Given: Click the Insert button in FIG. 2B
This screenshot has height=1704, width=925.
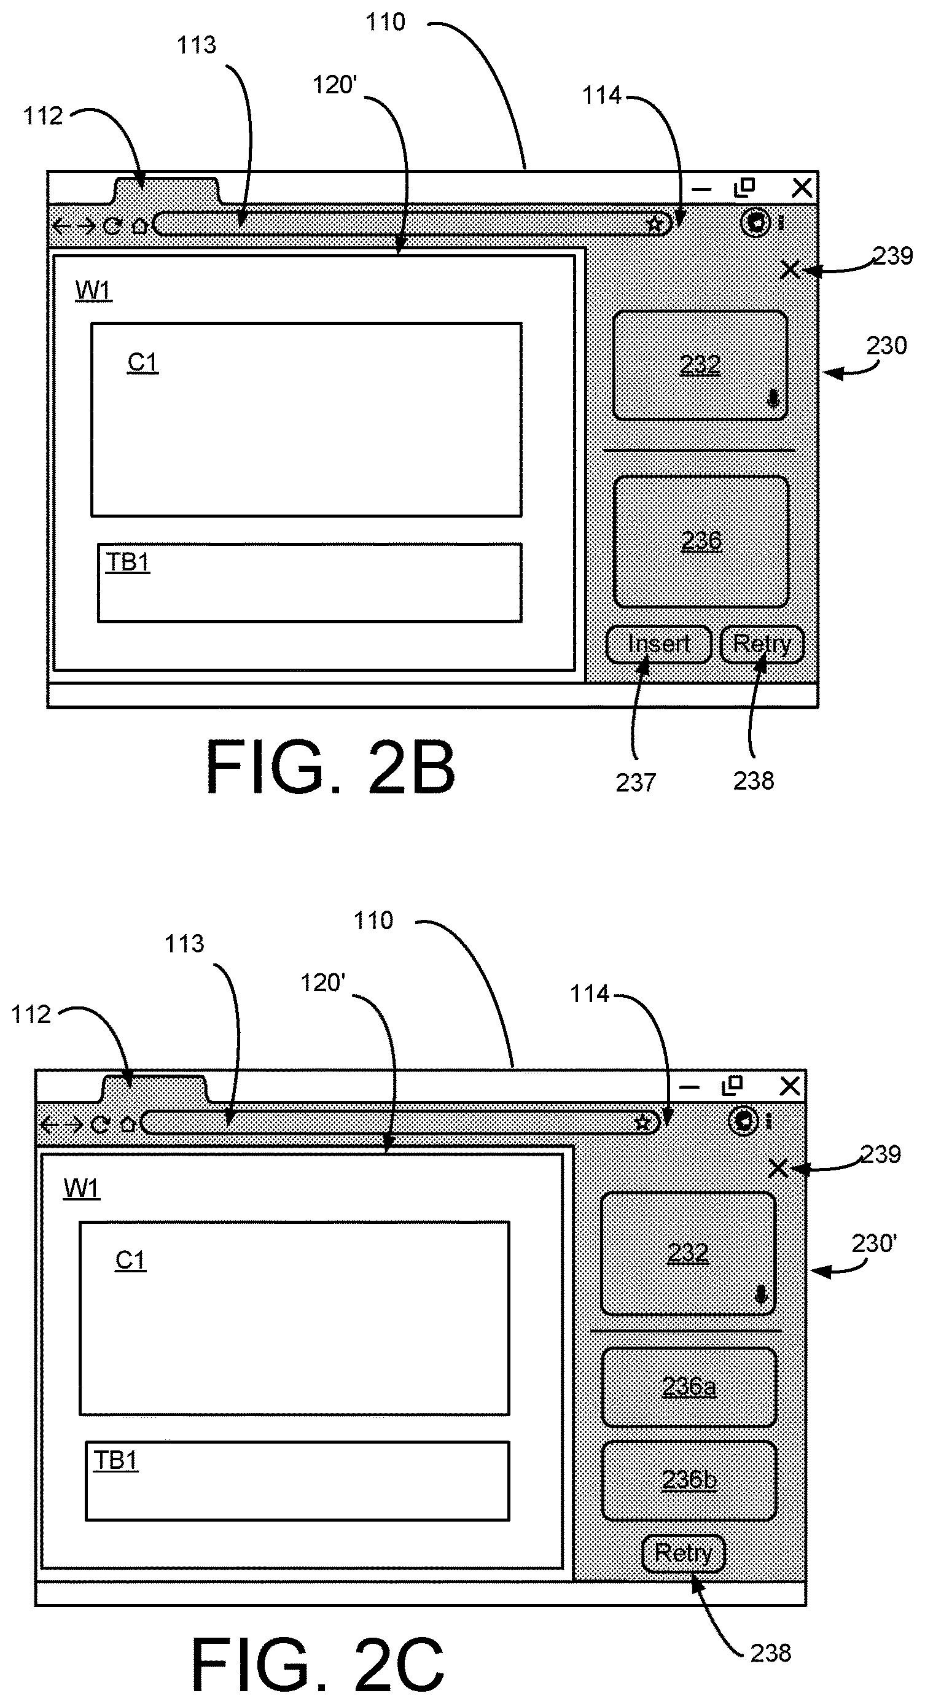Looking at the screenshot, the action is (x=659, y=644).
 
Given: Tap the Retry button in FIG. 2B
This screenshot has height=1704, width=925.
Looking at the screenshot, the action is (x=762, y=644).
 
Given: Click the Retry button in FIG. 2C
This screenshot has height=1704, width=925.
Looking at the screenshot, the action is (x=684, y=1552).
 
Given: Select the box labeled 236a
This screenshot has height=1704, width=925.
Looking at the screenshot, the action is (x=689, y=1387).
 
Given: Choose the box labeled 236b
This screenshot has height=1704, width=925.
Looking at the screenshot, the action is (x=689, y=1479).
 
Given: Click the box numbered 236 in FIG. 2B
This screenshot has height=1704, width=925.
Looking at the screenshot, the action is (x=701, y=541).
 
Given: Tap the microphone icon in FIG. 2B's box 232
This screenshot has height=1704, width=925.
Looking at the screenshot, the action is (x=773, y=400).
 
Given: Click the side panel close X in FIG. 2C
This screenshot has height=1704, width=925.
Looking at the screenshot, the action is (x=779, y=1168).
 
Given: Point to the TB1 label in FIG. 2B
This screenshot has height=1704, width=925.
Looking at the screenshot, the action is (x=128, y=562).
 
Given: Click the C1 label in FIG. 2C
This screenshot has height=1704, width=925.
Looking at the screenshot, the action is (x=130, y=1260).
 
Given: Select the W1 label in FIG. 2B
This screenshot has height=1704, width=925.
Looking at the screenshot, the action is (x=93, y=290).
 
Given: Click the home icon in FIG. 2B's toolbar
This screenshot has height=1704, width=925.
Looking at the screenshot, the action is (x=139, y=225).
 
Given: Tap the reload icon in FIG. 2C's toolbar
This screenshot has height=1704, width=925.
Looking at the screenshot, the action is (x=100, y=1124).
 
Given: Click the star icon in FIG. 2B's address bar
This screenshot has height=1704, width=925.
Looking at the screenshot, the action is (x=654, y=224).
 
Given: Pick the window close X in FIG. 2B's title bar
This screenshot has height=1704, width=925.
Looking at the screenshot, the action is (x=802, y=188).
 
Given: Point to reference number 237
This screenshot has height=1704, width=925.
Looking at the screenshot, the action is (x=635, y=782).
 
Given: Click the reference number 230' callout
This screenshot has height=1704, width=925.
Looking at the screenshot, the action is (x=874, y=1243).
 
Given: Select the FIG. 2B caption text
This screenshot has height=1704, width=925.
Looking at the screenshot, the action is (x=330, y=768).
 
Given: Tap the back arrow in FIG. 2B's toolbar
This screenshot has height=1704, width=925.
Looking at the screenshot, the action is (x=61, y=227).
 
